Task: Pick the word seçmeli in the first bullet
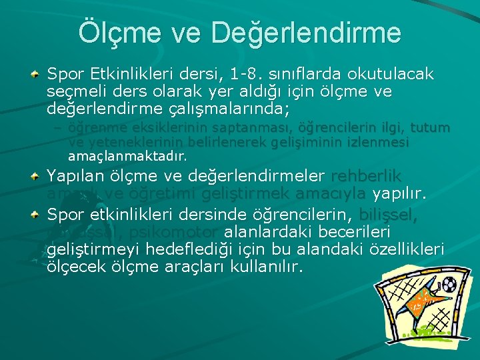74,91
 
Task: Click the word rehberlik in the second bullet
366,177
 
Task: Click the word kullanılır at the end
265,267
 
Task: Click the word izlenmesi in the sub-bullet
375,143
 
